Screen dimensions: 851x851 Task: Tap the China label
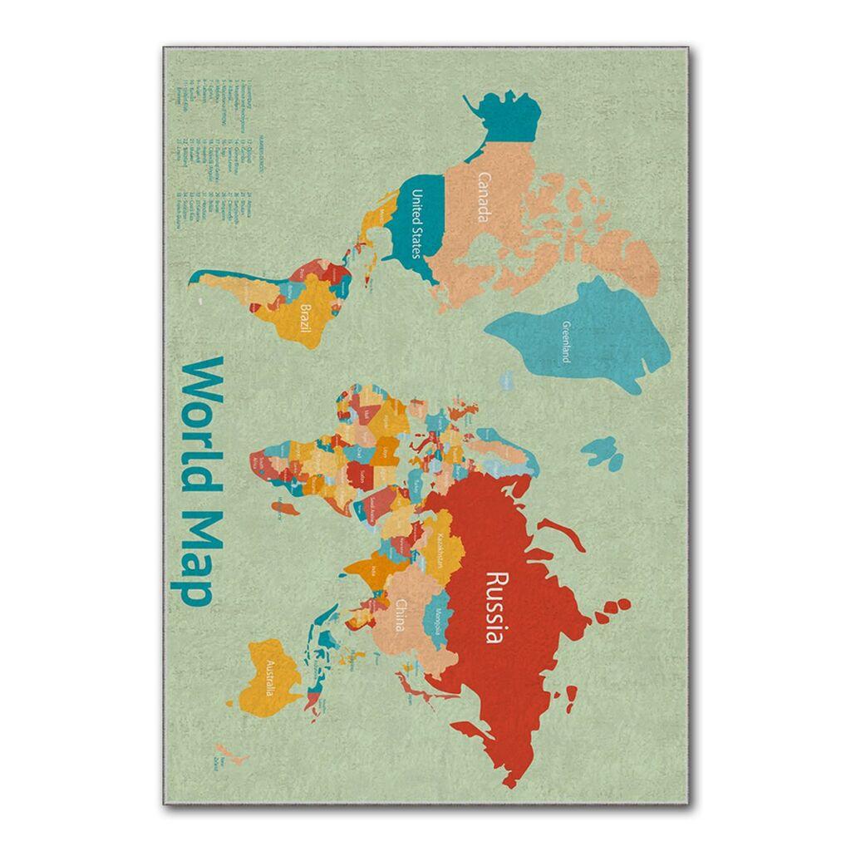401,615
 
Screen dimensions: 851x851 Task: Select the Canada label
482,198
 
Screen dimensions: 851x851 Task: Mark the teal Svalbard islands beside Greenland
600,452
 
